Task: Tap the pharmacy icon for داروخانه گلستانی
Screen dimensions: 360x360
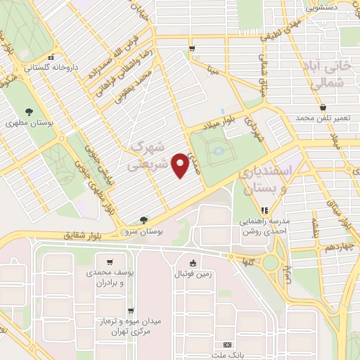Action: click(x=49, y=58)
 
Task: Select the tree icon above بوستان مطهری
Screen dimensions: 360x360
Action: click(x=29, y=111)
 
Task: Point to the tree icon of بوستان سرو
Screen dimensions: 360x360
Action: click(x=143, y=219)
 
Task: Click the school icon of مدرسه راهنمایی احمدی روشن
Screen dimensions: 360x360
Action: click(x=265, y=210)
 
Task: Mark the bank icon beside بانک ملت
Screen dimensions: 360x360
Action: click(x=226, y=345)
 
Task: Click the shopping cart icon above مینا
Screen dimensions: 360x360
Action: click(x=192, y=48)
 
